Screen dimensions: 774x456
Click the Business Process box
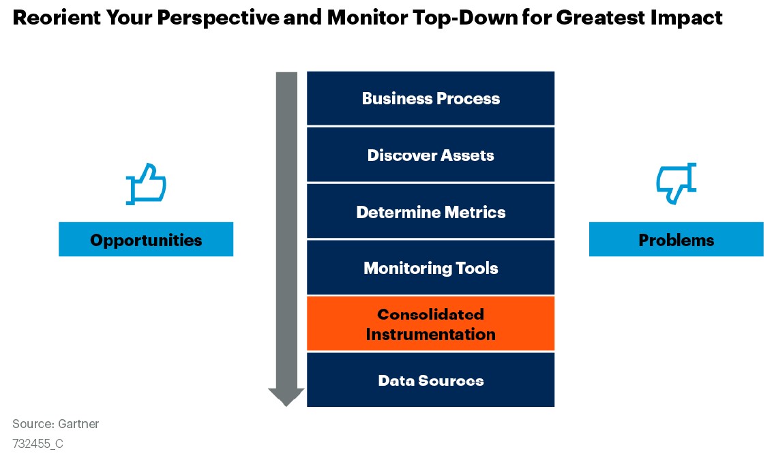coord(430,98)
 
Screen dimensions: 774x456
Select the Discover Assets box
coord(430,155)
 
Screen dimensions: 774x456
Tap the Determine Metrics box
coord(430,212)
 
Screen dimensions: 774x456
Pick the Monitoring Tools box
coord(430,268)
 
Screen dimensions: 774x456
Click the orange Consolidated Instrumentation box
coord(430,324)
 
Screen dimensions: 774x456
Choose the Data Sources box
coord(430,380)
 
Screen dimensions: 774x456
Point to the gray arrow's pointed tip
coord(286,406)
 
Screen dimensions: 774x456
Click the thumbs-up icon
coord(146,183)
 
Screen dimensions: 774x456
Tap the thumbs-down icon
coord(676,183)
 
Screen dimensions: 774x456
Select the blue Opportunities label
coord(146,239)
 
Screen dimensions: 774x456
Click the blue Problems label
coord(676,239)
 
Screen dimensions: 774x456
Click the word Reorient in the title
coord(57,18)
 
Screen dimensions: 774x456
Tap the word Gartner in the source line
coord(78,424)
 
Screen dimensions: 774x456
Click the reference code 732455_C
coord(38,444)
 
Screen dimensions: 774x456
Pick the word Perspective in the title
coord(218,18)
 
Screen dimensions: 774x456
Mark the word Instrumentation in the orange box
coord(430,334)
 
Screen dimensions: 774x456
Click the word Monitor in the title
coord(368,18)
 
